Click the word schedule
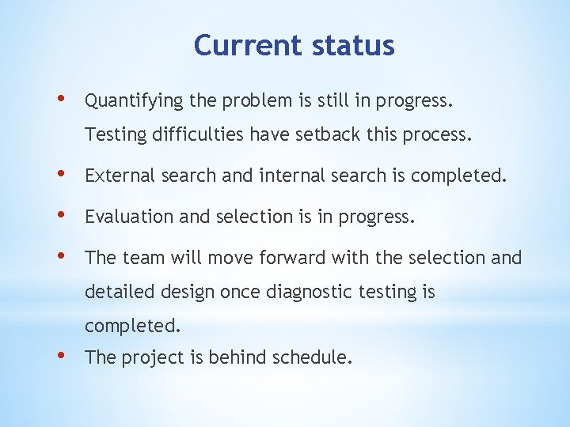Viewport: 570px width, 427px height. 312,357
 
